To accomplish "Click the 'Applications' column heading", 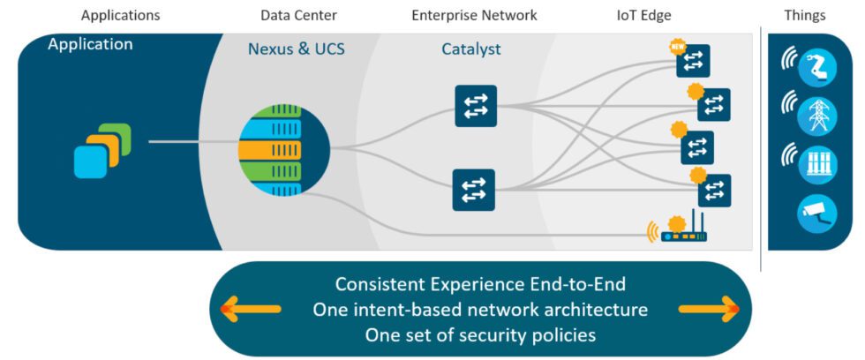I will [x=120, y=15].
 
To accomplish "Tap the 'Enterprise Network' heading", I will [x=474, y=15].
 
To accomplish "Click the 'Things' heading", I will [x=804, y=15].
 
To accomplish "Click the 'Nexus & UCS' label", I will [x=296, y=49].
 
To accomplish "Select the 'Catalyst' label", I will [x=470, y=49].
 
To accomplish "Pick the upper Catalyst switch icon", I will [x=475, y=106].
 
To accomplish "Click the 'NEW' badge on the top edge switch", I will [x=678, y=47].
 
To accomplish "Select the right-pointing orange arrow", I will [x=709, y=309].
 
